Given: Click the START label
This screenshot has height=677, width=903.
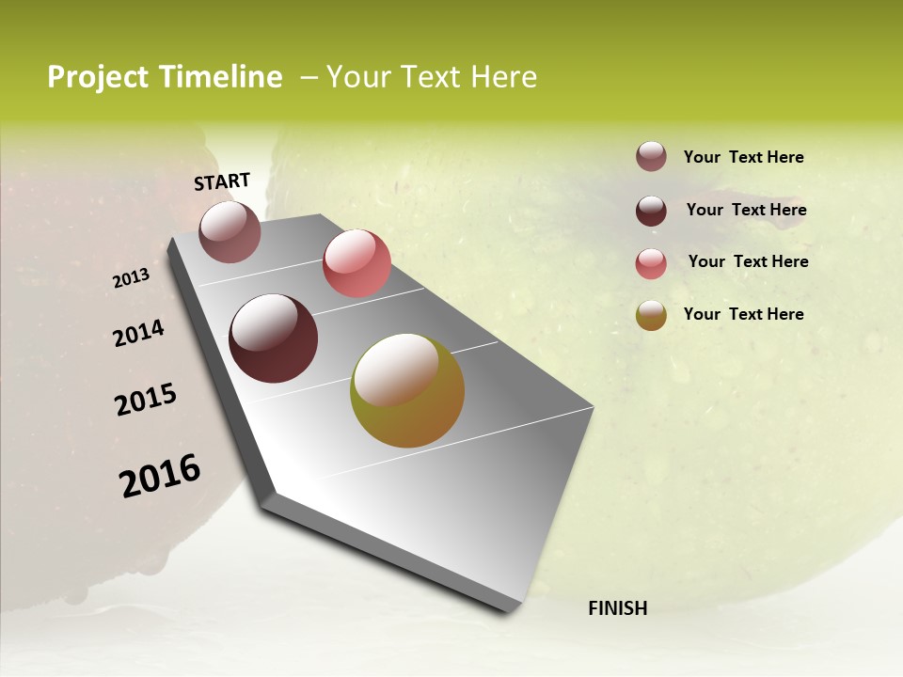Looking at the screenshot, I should pyautogui.click(x=222, y=181).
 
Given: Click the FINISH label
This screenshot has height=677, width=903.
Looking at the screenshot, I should pyautogui.click(x=617, y=608).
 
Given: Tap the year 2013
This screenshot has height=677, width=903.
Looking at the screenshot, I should pyautogui.click(x=132, y=278).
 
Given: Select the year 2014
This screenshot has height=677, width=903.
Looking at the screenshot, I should pyautogui.click(x=139, y=334).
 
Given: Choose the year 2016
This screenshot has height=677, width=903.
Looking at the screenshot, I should pyautogui.click(x=160, y=476).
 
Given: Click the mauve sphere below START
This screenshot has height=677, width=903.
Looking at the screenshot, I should pyautogui.click(x=230, y=231).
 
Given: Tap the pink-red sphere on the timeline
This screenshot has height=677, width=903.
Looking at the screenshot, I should pyautogui.click(x=356, y=263).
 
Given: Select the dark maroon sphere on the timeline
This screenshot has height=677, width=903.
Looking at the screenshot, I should pyautogui.click(x=274, y=338).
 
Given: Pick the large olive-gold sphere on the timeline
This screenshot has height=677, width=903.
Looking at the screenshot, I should pyautogui.click(x=407, y=390).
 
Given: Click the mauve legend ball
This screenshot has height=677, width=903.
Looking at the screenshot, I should pyautogui.click(x=651, y=156).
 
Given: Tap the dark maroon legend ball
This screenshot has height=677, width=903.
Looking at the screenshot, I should pyautogui.click(x=651, y=211).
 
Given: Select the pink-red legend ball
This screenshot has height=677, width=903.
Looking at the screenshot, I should pyautogui.click(x=651, y=263).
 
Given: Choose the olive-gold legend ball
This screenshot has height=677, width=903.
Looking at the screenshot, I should pyautogui.click(x=651, y=315).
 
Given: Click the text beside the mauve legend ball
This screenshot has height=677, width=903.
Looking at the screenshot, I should pyautogui.click(x=743, y=157).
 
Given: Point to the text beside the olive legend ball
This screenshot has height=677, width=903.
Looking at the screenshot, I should pyautogui.click(x=743, y=314).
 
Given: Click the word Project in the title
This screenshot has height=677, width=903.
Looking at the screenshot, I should pyautogui.click(x=97, y=77).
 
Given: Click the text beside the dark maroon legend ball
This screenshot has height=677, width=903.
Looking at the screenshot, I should pyautogui.click(x=746, y=210).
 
